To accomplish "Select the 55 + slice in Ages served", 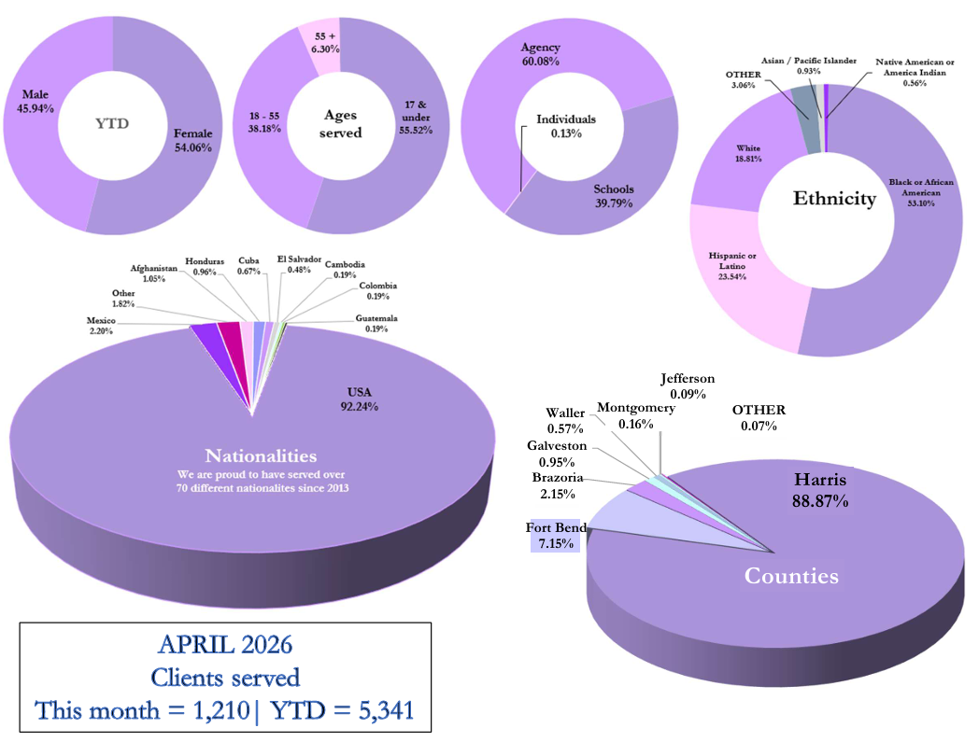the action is point(319,47).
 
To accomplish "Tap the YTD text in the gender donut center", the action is point(112,123).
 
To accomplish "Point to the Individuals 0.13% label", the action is point(566,125).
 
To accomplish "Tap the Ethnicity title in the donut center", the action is point(835,199).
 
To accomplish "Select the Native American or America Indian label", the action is point(915,72).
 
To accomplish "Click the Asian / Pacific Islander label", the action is point(809,65).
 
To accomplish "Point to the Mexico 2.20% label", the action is point(101,325).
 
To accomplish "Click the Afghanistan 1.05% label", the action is point(153,273).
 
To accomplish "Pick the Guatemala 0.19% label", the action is point(376,323).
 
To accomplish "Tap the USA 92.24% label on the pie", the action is point(359,399).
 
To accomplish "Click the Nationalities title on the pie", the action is point(261,455).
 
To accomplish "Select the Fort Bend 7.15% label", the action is point(556,536).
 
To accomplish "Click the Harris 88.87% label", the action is point(820,490).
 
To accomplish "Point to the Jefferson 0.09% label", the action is point(688,385).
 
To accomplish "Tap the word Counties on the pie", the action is point(791,575).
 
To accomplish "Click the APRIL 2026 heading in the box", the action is point(225,645).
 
